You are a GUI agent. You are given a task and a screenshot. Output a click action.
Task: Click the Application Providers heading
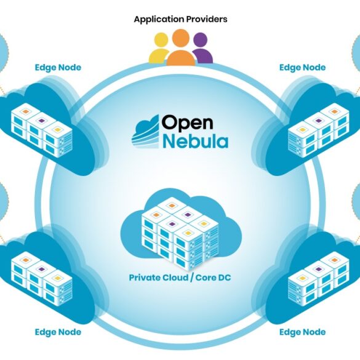[x=181, y=19]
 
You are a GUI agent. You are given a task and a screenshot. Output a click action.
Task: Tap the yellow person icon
[x=159, y=49]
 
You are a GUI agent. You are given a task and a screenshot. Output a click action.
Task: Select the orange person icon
[x=181, y=47]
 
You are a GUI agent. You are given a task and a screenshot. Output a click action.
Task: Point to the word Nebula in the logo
[x=196, y=141]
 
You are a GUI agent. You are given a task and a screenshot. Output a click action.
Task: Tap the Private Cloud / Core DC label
[x=180, y=278]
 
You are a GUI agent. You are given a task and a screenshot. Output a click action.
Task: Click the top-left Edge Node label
[x=58, y=68]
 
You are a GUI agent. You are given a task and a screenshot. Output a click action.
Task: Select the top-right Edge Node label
[x=302, y=68]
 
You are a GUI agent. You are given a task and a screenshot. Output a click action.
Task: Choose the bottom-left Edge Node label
[x=58, y=332]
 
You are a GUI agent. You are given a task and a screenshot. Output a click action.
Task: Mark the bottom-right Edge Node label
[x=302, y=332]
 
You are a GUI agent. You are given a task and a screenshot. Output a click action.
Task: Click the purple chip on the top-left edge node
[x=41, y=121]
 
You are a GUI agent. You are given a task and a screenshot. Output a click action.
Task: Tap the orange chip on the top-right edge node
[x=334, y=111]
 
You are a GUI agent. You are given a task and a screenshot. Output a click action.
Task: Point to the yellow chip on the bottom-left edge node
[x=57, y=278]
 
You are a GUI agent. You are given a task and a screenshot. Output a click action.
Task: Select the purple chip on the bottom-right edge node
[x=318, y=269]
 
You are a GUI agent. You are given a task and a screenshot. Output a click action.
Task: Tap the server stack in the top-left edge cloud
[x=42, y=130]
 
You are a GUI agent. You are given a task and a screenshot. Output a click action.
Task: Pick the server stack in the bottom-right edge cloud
[x=319, y=279]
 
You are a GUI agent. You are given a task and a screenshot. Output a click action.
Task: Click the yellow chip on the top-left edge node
[x=57, y=130]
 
